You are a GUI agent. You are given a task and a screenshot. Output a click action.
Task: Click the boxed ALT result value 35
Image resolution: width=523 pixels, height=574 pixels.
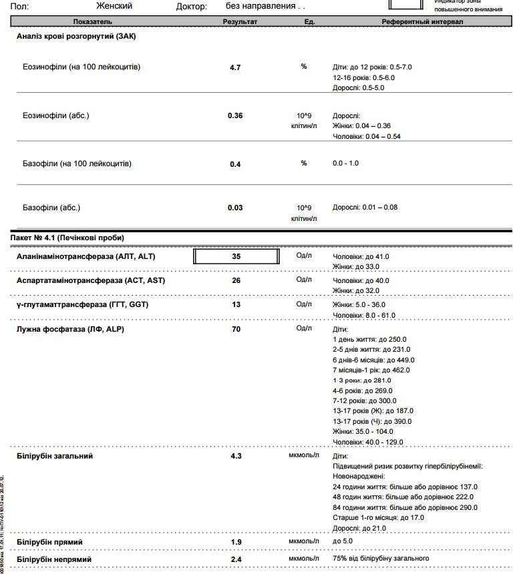tap(236, 256)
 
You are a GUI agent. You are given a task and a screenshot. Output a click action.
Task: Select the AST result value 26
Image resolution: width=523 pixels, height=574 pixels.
tap(236, 281)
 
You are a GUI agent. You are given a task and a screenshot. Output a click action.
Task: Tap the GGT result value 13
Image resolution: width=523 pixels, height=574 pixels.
tap(236, 305)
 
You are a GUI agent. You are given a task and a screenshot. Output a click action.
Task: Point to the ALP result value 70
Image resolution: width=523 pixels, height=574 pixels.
tap(236, 329)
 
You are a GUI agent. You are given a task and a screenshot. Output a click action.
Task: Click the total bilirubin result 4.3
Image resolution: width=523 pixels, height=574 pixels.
tap(236, 457)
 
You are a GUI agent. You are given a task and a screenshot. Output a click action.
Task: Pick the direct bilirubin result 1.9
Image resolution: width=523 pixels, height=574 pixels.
tap(236, 542)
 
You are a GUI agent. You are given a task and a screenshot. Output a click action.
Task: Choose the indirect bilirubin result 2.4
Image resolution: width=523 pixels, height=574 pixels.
tap(236, 559)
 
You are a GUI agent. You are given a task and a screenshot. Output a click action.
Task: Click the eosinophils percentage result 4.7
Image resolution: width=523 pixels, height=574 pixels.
tap(235, 67)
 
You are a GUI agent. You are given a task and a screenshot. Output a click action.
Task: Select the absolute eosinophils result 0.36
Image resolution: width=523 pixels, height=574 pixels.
tap(235, 115)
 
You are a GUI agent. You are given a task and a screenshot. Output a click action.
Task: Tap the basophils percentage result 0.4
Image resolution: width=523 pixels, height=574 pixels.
tap(235, 164)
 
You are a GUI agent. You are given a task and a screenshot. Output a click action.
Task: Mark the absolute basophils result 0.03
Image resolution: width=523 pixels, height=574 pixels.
tap(235, 208)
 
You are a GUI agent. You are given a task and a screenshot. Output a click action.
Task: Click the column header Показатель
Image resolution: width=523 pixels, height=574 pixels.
tap(75, 22)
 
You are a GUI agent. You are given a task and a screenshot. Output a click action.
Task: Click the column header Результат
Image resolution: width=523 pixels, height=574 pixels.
tap(239, 22)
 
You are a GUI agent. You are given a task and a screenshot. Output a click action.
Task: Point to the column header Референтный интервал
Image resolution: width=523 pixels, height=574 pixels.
tap(422, 22)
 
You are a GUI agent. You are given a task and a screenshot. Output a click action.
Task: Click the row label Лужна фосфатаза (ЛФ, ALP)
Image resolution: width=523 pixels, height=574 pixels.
tap(70, 329)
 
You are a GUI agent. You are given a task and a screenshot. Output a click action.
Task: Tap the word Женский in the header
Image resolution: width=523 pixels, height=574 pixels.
tap(114, 6)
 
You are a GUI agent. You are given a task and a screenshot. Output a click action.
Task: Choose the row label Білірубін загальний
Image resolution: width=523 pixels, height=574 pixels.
tap(55, 456)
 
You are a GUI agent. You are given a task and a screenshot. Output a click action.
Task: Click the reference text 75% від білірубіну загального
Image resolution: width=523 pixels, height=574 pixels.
tap(381, 558)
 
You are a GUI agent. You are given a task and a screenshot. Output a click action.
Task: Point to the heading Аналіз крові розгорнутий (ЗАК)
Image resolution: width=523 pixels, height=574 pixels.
tap(76, 36)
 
